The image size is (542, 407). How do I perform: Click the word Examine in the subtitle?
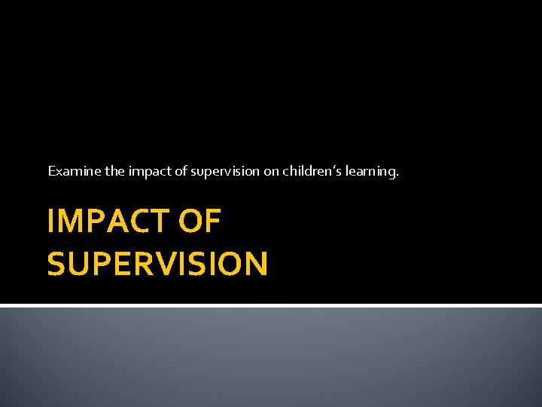tap(75, 171)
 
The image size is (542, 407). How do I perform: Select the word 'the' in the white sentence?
tap(115, 171)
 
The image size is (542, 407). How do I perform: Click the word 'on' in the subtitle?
tap(271, 172)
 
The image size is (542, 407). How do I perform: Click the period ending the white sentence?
tap(397, 176)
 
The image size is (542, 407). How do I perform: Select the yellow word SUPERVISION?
tap(157, 264)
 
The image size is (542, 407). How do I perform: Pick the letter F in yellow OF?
tap(213, 222)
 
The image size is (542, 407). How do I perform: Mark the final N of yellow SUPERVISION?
tap(255, 264)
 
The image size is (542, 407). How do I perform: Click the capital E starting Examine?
tap(52, 171)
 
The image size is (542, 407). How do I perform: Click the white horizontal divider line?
tap(271, 305)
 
